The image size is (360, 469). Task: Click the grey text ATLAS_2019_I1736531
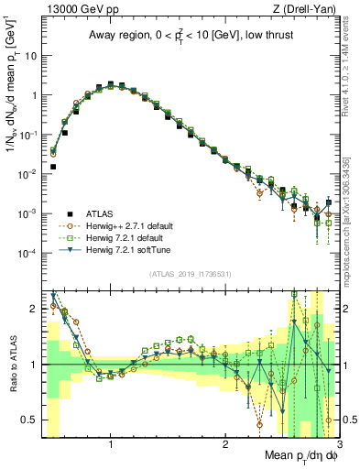pos(191,274)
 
